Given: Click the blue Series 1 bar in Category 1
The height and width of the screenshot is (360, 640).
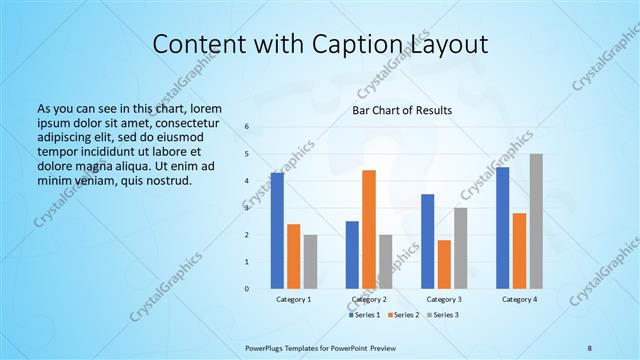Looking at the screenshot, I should [x=277, y=230].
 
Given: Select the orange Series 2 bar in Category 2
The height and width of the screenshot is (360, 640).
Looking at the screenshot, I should [x=369, y=229].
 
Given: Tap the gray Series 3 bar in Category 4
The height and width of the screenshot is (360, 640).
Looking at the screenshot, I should [x=536, y=221].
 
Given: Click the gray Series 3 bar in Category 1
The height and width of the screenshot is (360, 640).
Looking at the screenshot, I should [x=310, y=261].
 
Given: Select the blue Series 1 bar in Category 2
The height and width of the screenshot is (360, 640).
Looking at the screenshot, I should [x=352, y=254].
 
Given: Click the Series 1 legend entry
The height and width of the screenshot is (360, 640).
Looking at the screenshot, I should [x=365, y=315].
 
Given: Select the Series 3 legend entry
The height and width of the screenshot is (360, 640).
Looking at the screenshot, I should [x=443, y=315].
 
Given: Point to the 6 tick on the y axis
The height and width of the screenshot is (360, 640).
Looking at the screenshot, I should [x=247, y=127].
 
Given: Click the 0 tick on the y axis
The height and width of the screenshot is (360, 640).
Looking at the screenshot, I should [x=247, y=288].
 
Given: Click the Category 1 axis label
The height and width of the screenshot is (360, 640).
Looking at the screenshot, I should [x=293, y=299].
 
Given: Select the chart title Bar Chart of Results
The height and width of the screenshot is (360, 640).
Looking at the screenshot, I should [x=402, y=110].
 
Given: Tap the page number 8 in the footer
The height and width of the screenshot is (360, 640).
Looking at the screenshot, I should [x=590, y=346].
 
